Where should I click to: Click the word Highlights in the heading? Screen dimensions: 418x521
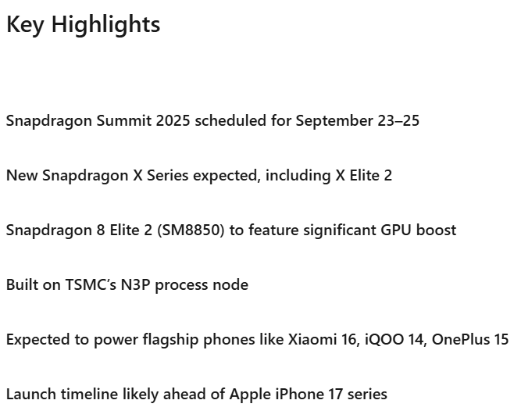coord(106,25)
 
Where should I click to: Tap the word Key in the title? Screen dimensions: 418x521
coord(26,25)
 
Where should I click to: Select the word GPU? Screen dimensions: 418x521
coord(398,230)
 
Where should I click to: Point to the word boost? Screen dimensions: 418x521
coord(437,230)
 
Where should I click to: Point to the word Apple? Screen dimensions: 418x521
coord(249,395)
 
